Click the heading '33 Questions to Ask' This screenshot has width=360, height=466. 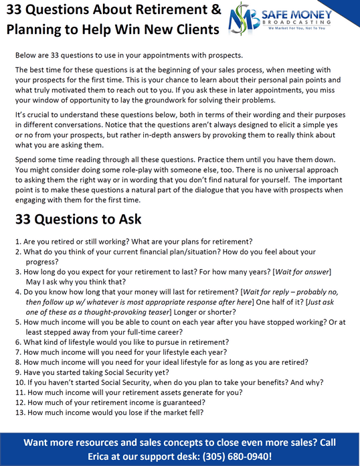point(78,220)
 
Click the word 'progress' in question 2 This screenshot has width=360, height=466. point(43,262)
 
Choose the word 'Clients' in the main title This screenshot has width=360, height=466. point(192,30)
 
